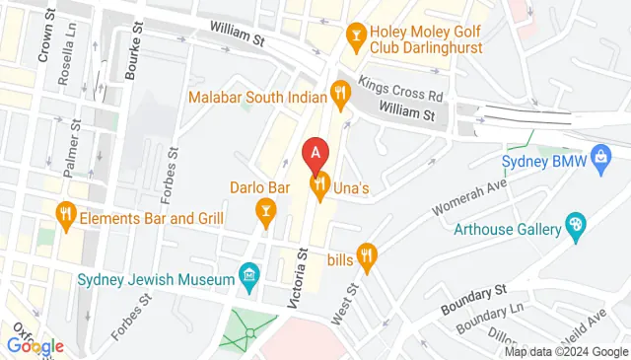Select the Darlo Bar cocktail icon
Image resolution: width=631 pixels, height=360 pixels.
pyautogui.click(x=265, y=209)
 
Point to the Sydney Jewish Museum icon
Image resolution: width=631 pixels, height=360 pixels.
pyautogui.click(x=248, y=272)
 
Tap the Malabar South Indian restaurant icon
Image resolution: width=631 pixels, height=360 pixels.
pyautogui.click(x=340, y=94)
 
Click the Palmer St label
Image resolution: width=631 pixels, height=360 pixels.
pyautogui.click(x=71, y=158)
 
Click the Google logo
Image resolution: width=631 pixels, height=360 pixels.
pyautogui.click(x=35, y=345)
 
